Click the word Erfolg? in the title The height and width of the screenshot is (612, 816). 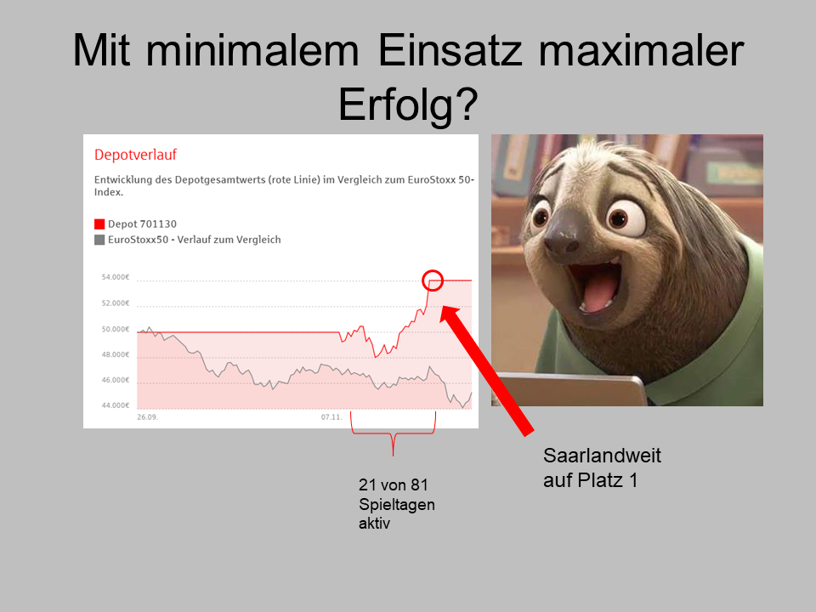tap(408, 105)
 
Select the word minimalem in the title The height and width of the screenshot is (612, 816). tap(252, 50)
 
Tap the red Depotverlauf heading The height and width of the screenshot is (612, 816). tap(135, 155)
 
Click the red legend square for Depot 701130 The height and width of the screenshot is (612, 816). tap(99, 224)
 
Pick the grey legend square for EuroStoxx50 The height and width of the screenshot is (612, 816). tap(99, 240)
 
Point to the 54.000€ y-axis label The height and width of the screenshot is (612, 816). tap(116, 277)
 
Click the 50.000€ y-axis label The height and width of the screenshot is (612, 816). tap(116, 330)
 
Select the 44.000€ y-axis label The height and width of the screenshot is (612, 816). tap(116, 405)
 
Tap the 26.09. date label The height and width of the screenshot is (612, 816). tap(148, 417)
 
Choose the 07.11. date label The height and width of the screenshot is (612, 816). tap(331, 417)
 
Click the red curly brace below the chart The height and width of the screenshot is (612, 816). tap(393, 433)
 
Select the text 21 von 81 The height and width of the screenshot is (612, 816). tap(394, 484)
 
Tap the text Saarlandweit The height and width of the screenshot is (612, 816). tap(602, 456)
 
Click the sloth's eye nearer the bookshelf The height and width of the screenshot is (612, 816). tap(541, 214)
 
